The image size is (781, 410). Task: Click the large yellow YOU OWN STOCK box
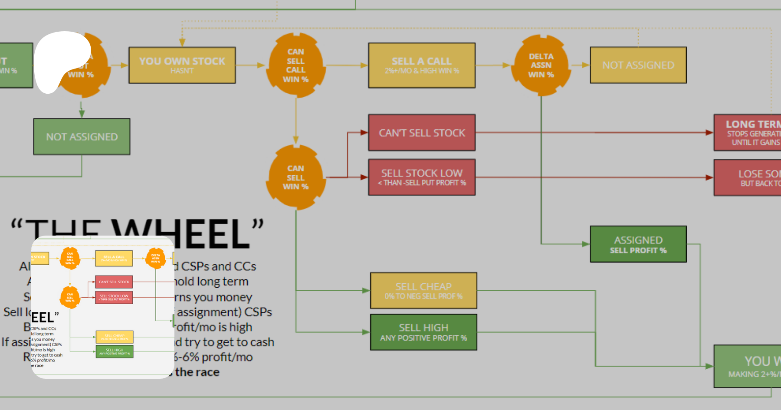182,65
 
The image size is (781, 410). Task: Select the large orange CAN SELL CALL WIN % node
296,65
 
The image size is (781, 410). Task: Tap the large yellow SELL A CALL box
422,65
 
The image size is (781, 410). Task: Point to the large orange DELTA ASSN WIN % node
541,66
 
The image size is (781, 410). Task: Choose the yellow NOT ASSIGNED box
638,65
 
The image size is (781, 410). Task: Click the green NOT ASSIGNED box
82,137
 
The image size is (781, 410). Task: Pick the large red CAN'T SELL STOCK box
422,133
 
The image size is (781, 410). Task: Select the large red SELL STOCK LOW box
422,177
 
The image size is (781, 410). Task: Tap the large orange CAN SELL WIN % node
296,177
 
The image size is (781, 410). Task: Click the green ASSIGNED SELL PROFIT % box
638,244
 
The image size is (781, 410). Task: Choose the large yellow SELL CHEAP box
423,291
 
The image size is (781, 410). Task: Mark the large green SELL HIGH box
423,332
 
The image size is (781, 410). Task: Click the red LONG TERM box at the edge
748,133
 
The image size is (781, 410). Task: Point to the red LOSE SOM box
748,178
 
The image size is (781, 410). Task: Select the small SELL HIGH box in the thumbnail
115,351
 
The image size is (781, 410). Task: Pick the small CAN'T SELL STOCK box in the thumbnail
114,282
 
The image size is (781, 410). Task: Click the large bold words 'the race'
197,372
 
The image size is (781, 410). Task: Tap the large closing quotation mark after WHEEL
258,225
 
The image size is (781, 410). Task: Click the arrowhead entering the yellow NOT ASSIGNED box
586,65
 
